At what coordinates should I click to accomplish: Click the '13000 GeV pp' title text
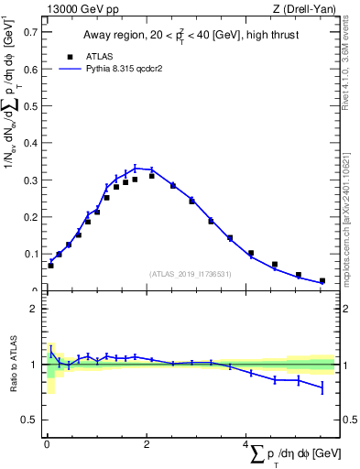click(81, 9)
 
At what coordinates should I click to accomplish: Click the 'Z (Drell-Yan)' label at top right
click(304, 9)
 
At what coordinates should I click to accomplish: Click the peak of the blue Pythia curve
click(136, 168)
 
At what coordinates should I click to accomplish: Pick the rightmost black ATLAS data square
click(322, 281)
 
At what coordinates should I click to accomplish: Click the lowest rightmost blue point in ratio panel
click(322, 388)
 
